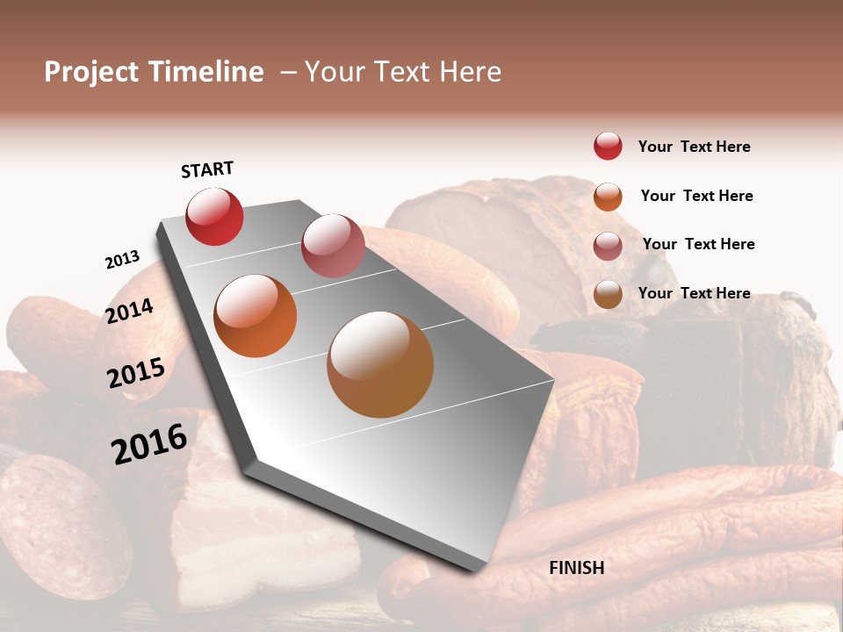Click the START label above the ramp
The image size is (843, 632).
click(x=207, y=169)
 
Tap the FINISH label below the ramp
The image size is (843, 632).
click(x=577, y=568)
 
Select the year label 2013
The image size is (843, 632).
click(x=122, y=259)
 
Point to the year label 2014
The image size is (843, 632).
click(x=129, y=311)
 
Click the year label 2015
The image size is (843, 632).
click(x=136, y=373)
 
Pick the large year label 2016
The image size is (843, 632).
click(x=149, y=444)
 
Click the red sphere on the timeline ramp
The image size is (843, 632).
click(x=214, y=217)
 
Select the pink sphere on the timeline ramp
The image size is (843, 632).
click(x=333, y=245)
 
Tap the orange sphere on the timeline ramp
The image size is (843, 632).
click(x=256, y=316)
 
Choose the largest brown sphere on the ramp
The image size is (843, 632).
click(x=380, y=364)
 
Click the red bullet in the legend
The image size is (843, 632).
click(x=608, y=146)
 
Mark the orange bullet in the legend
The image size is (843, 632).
click(x=608, y=197)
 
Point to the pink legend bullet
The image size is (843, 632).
click(x=608, y=246)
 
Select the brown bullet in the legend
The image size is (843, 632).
click(x=608, y=294)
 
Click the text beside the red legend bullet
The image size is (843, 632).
click(x=695, y=147)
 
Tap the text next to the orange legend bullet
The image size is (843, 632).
click(x=697, y=196)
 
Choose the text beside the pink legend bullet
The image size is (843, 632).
click(x=699, y=244)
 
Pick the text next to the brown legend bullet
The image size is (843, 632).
click(x=695, y=293)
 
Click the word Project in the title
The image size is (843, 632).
click(x=91, y=72)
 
